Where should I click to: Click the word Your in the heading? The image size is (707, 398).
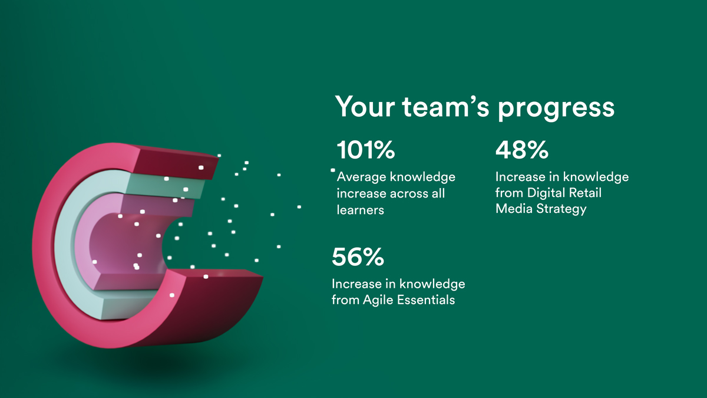[x=365, y=106]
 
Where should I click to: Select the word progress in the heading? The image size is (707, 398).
[x=556, y=109]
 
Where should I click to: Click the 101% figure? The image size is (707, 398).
[x=366, y=150]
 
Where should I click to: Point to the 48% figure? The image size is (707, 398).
[x=522, y=150]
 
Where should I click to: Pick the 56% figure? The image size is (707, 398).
[x=358, y=257]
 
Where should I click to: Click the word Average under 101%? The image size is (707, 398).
[x=362, y=177]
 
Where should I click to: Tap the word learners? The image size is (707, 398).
[x=361, y=210]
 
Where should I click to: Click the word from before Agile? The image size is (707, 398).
[x=345, y=300]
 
